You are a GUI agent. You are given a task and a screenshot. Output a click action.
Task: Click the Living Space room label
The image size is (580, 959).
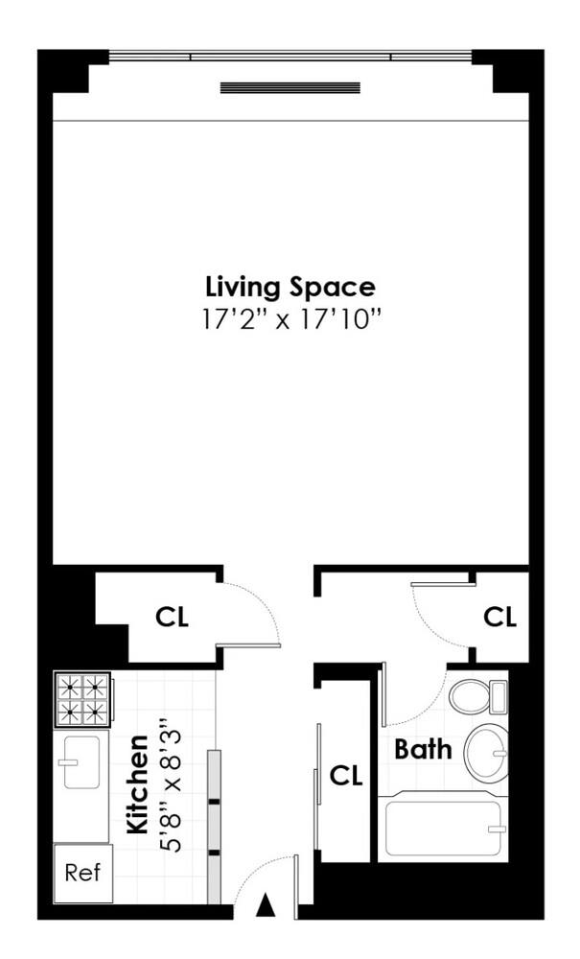pyautogui.click(x=290, y=286)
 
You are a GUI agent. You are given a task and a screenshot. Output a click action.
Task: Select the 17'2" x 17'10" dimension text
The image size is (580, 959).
pyautogui.click(x=290, y=318)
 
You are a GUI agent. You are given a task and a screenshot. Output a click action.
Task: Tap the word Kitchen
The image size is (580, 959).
pyautogui.click(x=138, y=784)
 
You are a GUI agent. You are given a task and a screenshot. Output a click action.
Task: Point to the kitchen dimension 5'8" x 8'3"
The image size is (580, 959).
pyautogui.click(x=171, y=784)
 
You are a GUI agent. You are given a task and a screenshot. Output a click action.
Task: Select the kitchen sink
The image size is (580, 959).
pyautogui.click(x=81, y=762)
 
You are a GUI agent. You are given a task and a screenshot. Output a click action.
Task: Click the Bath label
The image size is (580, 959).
pyautogui.click(x=423, y=749)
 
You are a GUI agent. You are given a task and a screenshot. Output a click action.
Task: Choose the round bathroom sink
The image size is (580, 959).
pyautogui.click(x=486, y=754)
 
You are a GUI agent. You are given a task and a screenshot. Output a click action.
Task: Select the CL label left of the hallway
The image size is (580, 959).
pyautogui.click(x=172, y=618)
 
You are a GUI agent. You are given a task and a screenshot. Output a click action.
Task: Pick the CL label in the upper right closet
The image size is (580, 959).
pyautogui.click(x=499, y=618)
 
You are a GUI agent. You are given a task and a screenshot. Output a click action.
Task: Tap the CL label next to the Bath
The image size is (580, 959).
pyautogui.click(x=346, y=776)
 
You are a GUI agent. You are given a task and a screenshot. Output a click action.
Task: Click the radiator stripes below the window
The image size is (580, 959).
pyautogui.click(x=290, y=87)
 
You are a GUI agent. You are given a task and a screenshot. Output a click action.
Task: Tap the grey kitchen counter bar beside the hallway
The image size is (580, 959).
pyautogui.click(x=214, y=825)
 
